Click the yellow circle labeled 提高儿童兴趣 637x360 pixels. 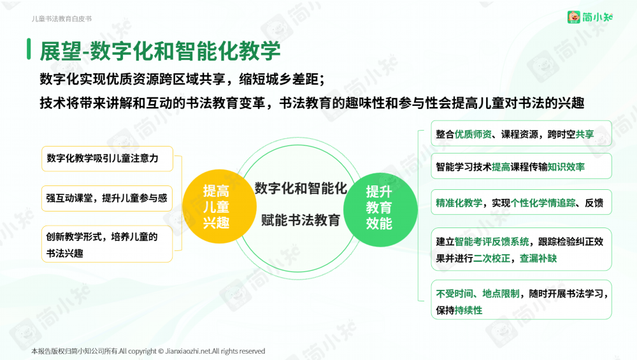(219, 206)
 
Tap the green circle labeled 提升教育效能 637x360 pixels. (380, 210)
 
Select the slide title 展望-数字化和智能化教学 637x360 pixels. (160, 51)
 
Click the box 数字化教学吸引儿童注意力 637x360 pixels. (107, 159)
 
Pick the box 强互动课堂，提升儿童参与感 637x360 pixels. (107, 198)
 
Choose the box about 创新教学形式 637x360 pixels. (107, 244)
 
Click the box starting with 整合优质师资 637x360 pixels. (521, 133)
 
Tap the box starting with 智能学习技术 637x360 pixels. (521, 166)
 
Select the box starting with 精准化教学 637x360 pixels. (521, 202)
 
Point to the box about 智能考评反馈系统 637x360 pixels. (521, 250)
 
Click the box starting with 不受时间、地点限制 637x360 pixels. (521, 300)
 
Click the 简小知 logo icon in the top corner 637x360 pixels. (574, 17)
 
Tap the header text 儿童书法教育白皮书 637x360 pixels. (62, 18)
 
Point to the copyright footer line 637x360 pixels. (148, 351)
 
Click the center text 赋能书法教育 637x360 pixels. (301, 220)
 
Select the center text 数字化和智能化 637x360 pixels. (301, 189)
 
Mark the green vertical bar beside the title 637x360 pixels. (29, 49)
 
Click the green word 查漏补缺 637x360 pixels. (538, 259)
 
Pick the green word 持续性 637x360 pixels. (468, 310)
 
